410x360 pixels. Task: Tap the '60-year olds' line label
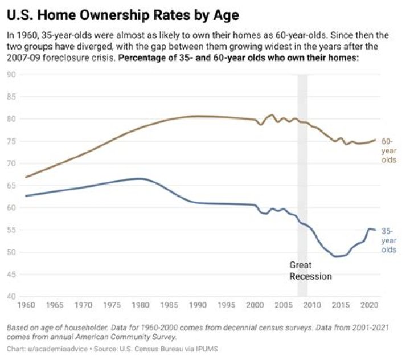pyautogui.click(x=388, y=150)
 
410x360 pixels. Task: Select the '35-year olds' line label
pyautogui.click(x=388, y=240)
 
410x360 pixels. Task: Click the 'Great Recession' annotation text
pyautogui.click(x=310, y=271)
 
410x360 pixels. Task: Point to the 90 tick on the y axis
pyautogui.click(x=11, y=75)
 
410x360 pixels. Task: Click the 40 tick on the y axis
pyautogui.click(x=11, y=296)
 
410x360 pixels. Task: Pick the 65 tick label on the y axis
pyautogui.click(x=11, y=186)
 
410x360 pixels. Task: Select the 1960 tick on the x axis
pyautogui.click(x=26, y=305)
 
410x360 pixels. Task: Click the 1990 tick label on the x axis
pyautogui.click(x=196, y=305)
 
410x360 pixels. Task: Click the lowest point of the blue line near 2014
pyautogui.click(x=335, y=256)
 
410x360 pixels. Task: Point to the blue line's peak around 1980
pyautogui.click(x=138, y=179)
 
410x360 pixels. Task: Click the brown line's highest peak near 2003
pyautogui.click(x=271, y=114)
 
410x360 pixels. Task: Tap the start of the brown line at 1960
pyautogui.click(x=26, y=177)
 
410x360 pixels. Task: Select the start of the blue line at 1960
pyautogui.click(x=26, y=196)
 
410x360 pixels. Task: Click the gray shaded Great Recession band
pyautogui.click(x=302, y=171)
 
